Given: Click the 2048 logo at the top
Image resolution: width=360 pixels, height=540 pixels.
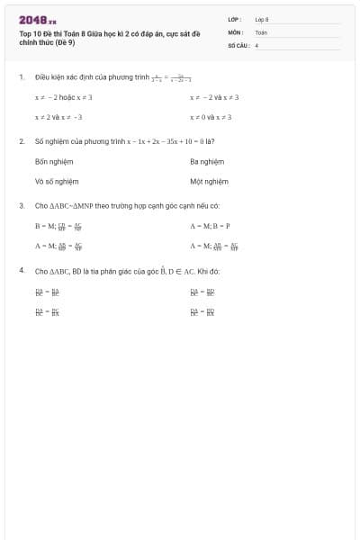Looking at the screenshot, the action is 38,20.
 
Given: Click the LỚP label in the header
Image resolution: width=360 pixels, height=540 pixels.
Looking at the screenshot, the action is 233,19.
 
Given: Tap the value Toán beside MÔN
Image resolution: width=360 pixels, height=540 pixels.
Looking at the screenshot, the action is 261,31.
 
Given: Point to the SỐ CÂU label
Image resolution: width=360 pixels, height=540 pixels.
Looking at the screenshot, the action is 237,44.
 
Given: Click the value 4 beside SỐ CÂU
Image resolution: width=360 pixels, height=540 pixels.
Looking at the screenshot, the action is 256,44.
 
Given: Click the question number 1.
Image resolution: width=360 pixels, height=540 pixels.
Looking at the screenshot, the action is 21,77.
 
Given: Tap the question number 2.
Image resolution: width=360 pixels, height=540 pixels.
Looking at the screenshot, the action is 21,141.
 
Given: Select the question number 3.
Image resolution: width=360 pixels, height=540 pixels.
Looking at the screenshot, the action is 21,205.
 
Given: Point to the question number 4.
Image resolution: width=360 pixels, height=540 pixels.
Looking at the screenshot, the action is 21,270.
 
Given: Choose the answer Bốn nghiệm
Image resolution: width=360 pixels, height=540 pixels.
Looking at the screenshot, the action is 54,161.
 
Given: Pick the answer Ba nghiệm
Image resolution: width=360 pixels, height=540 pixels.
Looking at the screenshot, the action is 207,161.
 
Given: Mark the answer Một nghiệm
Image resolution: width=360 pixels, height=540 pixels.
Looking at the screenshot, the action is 209,181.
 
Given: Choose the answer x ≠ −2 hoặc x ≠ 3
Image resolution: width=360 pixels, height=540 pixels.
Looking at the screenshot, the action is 64,97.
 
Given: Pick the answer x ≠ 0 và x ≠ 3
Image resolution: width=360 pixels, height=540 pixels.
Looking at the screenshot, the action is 211,117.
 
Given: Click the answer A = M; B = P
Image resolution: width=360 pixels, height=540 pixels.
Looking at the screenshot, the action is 211,226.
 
